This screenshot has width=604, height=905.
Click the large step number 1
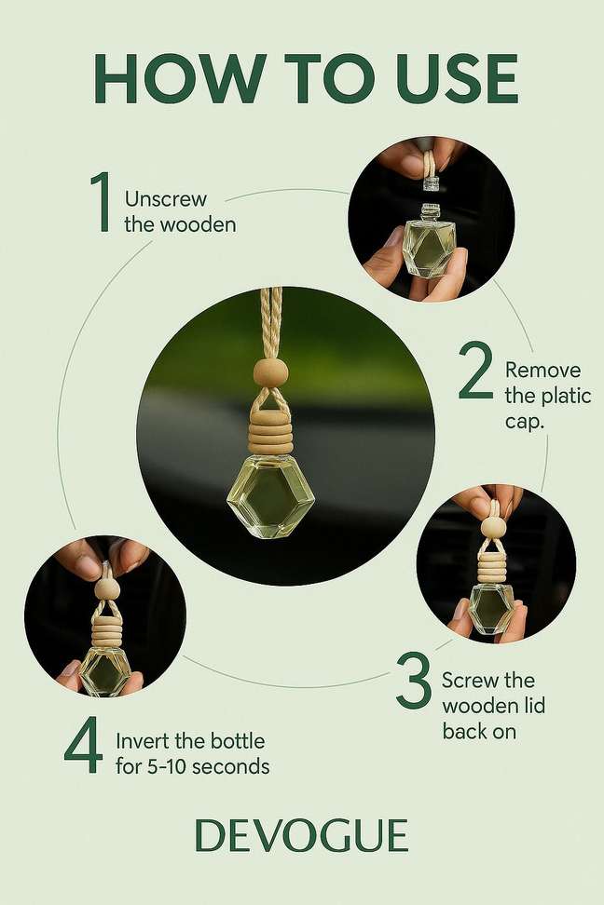tap(101, 201)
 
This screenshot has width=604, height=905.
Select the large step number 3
tap(414, 681)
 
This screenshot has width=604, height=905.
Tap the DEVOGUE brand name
tap(302, 835)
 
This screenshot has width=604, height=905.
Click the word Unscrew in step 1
tap(165, 199)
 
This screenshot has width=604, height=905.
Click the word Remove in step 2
tap(542, 370)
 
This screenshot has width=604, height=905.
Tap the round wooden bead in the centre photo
tap(270, 372)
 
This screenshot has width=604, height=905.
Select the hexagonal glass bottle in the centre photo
tap(270, 494)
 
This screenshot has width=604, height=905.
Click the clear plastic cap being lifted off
tap(430, 184)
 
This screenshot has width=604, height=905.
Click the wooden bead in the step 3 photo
tap(493, 527)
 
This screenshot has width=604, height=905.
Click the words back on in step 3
tap(479, 731)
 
